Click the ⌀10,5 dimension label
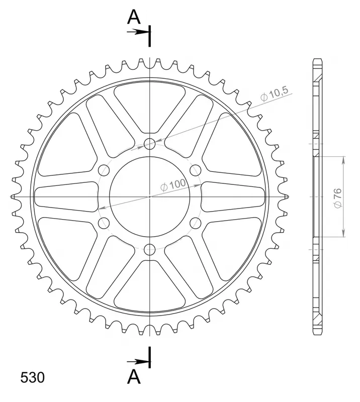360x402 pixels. coord(275,94)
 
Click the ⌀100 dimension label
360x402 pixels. coord(172,185)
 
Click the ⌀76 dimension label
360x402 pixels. coord(338,198)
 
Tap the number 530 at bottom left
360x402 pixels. coord(32,378)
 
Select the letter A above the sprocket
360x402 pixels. coord(134,17)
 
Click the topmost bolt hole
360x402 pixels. coord(150,144)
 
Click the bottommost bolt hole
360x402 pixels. coord(150,249)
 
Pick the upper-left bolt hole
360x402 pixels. coord(104,170)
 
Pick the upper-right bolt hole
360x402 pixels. coord(195,170)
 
